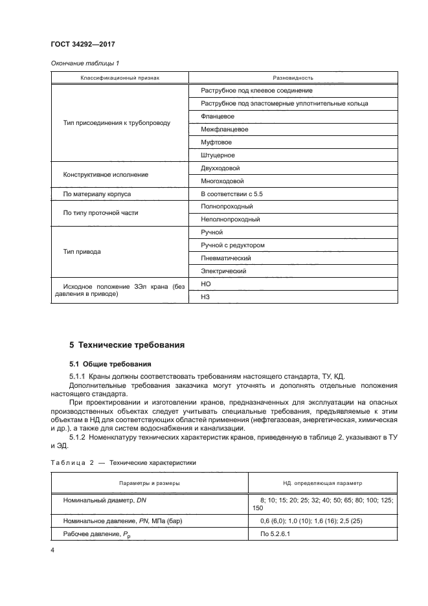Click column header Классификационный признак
coord(120,78)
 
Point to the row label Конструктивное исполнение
coord(106,175)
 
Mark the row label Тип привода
coord(82,252)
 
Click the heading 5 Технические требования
coord(127,345)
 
